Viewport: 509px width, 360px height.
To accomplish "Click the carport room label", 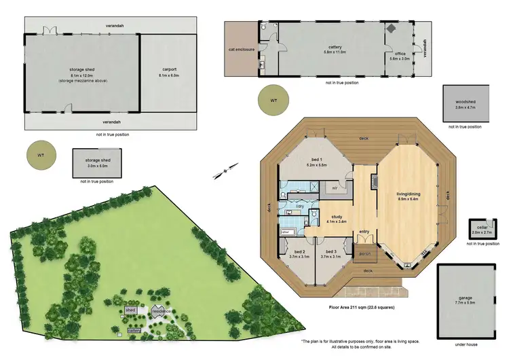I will (x=170, y=69).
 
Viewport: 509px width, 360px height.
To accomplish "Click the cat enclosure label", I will (x=242, y=49).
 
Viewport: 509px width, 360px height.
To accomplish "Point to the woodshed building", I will (x=466, y=103).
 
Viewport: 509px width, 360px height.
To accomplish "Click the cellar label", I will (x=482, y=228).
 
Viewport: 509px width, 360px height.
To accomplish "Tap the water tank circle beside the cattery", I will (x=274, y=101).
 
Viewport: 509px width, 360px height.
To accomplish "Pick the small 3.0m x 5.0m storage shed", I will (x=98, y=162).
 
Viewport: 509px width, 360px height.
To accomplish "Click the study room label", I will (x=337, y=217).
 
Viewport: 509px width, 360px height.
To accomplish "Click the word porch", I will (x=364, y=255).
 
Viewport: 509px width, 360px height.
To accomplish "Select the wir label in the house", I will (x=335, y=187).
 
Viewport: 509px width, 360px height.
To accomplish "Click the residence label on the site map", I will (x=161, y=310).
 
